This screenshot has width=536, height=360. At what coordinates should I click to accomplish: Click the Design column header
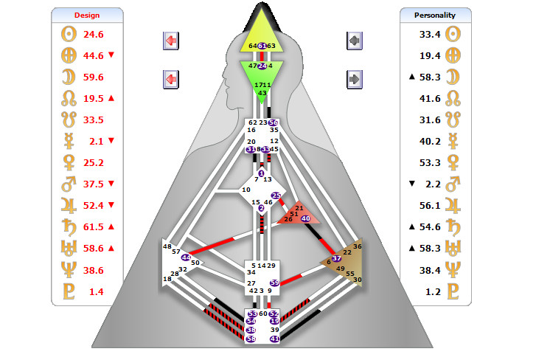pos(87,15)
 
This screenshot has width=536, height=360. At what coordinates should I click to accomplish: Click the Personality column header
pos(434,15)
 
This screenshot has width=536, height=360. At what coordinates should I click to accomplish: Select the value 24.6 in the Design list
pos(94,34)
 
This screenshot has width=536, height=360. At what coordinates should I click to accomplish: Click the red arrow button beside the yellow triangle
pos(171,40)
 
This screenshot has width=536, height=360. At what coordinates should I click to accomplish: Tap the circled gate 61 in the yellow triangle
pos(262,46)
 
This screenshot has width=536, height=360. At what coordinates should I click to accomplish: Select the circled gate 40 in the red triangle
pos(306,218)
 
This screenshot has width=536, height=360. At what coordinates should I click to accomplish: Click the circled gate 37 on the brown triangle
pos(337,258)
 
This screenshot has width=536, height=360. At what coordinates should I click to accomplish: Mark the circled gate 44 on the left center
pos(185,257)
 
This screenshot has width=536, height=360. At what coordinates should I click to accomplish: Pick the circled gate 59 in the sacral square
pos(275,283)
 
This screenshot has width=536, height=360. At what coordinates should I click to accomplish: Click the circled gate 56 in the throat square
pos(274,122)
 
